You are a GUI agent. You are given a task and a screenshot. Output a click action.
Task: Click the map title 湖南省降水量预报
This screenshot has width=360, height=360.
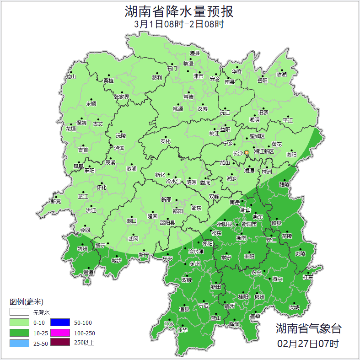pyautogui.click(x=179, y=11)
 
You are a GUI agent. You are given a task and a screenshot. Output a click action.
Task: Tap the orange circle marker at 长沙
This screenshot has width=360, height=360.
pyautogui.click(x=247, y=152)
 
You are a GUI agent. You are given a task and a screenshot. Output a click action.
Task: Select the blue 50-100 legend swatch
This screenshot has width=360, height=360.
pyautogui.click(x=60, y=323)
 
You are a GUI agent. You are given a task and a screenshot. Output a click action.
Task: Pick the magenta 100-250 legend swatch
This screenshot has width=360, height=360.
pyautogui.click(x=60, y=333)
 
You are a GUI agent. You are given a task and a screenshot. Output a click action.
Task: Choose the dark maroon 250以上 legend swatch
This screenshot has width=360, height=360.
pyautogui.click(x=60, y=342)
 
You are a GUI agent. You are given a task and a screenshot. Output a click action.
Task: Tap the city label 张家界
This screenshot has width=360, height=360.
pyautogui.click(x=122, y=97)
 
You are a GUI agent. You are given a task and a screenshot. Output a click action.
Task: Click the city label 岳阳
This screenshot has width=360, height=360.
pyautogui.click(x=262, y=81)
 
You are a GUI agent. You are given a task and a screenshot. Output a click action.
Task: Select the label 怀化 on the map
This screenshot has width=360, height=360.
pyautogui.click(x=102, y=188)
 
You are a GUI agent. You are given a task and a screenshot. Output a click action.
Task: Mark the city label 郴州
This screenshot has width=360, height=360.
pyautogui.click(x=259, y=296)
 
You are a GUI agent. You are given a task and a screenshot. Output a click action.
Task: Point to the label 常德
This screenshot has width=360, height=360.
pyautogui.click(x=188, y=97)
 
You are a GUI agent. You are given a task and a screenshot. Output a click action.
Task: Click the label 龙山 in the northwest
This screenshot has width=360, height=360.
pyautogui.click(x=70, y=76)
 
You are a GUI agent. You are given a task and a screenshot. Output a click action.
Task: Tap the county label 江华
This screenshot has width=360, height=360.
pyautogui.click(x=183, y=329)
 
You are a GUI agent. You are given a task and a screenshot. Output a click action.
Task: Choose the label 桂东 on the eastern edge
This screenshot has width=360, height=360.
pyautogui.click(x=308, y=277)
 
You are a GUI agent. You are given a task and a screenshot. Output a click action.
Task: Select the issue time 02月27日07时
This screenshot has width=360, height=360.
pyautogui.click(x=308, y=343)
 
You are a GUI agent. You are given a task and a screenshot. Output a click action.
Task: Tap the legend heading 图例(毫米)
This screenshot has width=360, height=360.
pyautogui.click(x=27, y=302)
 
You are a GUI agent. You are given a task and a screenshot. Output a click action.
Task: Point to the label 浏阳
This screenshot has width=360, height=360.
pyautogui.click(x=291, y=155)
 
